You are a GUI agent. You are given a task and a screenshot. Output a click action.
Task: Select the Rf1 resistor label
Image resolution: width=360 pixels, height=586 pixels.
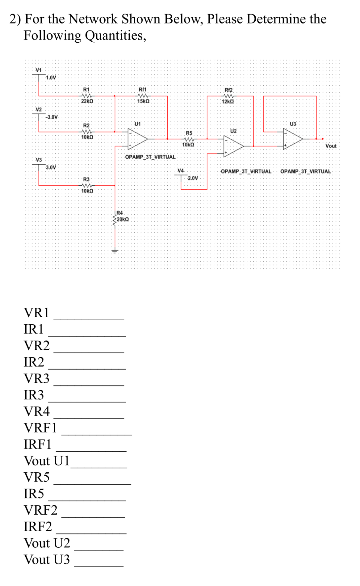(143, 89)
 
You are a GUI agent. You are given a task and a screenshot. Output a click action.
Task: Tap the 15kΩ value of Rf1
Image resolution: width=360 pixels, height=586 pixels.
(143, 101)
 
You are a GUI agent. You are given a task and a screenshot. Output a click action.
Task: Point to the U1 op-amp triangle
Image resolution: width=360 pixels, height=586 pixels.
(137, 139)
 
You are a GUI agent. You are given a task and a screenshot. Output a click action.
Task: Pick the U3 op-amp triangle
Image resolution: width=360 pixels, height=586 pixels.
(293, 139)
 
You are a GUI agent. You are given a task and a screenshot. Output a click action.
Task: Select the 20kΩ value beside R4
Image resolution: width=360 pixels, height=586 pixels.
(123, 219)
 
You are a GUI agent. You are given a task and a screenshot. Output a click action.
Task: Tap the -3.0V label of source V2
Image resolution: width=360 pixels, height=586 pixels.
(52, 117)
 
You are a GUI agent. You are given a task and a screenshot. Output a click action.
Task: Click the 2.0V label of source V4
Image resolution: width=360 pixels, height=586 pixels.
(193, 178)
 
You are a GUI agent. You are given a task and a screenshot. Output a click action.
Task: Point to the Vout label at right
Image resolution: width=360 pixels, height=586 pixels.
(331, 146)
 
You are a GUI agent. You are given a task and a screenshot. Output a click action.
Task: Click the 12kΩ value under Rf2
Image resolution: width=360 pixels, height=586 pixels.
(228, 101)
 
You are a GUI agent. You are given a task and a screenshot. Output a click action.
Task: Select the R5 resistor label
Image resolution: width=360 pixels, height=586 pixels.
(189, 133)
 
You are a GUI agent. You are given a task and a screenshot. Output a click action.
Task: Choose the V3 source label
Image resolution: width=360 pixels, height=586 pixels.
(39, 160)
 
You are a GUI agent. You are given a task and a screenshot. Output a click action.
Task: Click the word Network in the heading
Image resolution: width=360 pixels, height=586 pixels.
(93, 19)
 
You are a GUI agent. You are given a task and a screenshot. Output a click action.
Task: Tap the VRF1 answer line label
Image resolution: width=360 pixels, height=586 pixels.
(40, 428)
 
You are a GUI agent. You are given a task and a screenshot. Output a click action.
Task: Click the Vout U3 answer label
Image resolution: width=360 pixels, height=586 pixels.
(47, 559)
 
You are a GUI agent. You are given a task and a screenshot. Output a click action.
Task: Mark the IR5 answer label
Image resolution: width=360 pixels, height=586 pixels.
(34, 494)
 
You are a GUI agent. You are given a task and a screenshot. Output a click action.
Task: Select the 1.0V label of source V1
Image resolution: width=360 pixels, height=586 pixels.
(51, 78)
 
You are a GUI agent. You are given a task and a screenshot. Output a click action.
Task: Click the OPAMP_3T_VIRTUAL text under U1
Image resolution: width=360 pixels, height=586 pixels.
(150, 157)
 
